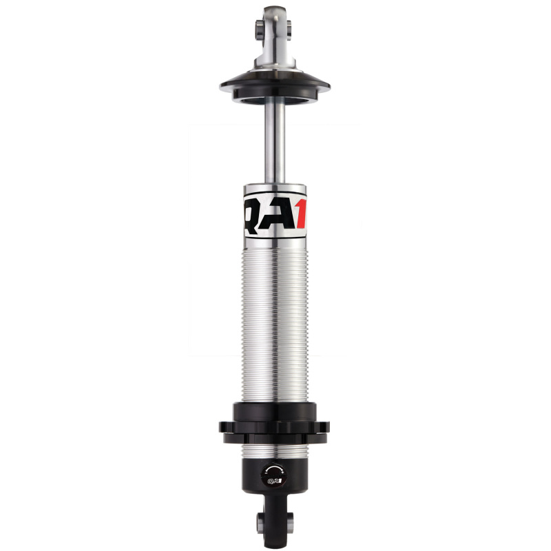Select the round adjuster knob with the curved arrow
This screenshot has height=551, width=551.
click(274, 475)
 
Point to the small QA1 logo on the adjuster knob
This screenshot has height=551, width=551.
click(274, 481)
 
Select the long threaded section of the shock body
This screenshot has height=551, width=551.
click(275, 324)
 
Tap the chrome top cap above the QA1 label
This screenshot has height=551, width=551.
click(275, 190)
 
